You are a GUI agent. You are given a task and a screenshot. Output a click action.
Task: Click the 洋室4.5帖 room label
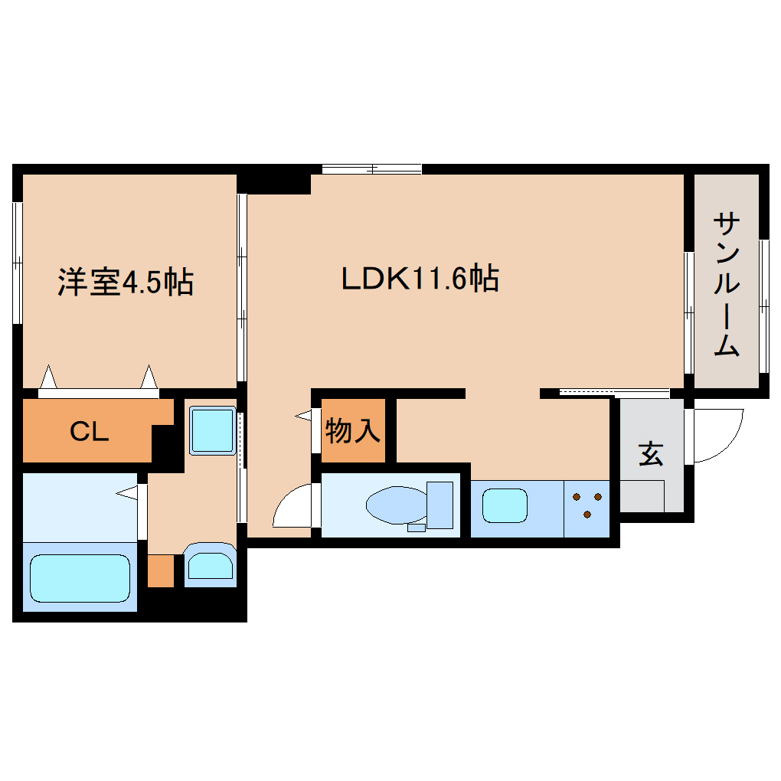(126, 283)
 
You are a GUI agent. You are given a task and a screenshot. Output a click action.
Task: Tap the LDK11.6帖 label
(420, 278)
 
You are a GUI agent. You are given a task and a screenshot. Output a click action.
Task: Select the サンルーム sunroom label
(726, 285)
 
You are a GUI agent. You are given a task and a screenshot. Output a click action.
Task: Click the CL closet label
(89, 433)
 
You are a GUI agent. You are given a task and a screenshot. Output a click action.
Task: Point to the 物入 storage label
(353, 431)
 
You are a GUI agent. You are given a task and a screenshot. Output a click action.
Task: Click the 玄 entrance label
(651, 455)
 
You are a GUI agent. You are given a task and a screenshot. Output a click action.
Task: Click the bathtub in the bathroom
(80, 578)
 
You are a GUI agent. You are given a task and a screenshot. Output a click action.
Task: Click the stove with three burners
(587, 506)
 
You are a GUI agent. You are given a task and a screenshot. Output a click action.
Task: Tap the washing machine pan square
(211, 431)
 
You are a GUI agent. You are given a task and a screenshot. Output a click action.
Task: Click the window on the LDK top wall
(371, 169)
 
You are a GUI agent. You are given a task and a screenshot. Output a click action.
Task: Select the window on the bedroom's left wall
(17, 263)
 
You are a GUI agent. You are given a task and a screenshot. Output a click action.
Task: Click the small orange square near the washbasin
(161, 570)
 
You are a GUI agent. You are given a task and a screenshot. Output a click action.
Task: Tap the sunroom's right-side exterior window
(763, 306)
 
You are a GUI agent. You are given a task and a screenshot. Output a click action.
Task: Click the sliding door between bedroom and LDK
(241, 287)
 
